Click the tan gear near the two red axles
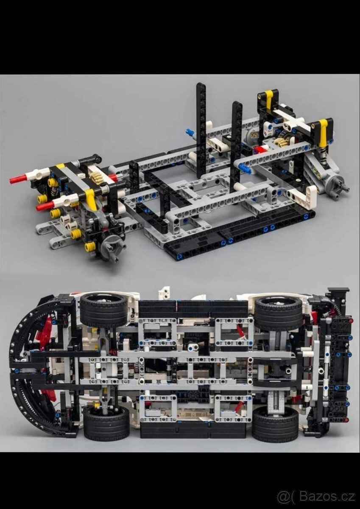click(97, 177)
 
